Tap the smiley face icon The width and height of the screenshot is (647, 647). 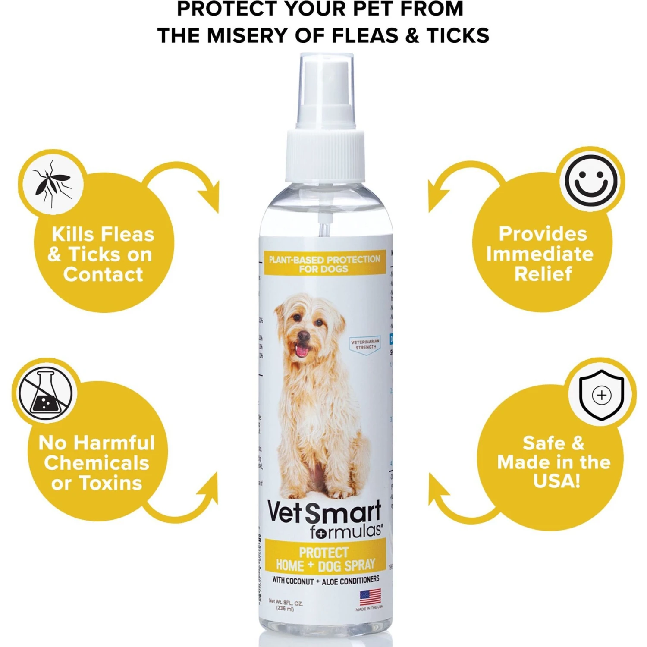[591, 181]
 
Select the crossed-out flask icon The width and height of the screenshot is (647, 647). [45, 393]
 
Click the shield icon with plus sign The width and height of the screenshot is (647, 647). [601, 394]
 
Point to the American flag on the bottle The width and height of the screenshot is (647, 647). [370, 597]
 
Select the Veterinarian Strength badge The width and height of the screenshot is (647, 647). [365, 344]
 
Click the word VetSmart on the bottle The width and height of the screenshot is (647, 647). [324, 512]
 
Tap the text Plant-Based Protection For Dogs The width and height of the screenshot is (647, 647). [324, 264]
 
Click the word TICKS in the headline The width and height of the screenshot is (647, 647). [458, 35]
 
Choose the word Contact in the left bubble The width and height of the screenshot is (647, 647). [103, 274]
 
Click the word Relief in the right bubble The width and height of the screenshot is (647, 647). [543, 273]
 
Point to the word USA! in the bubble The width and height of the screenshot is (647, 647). [556, 481]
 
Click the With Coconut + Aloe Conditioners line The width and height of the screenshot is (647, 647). [326, 581]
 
